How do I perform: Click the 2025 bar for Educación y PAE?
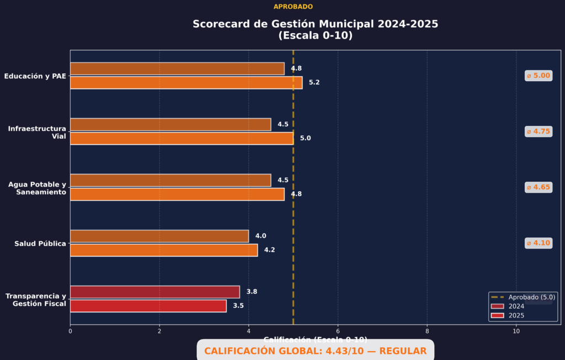pyautogui.click(x=186, y=83)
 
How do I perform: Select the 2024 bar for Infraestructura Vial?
pyautogui.click(x=170, y=124)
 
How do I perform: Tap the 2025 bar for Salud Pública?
pyautogui.click(x=164, y=250)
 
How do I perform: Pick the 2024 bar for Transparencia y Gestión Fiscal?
pyautogui.click(x=155, y=292)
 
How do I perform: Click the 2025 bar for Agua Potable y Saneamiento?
pyautogui.click(x=177, y=194)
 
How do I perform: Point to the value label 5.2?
pyautogui.click(x=315, y=83)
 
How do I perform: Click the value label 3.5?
pyautogui.click(x=238, y=306)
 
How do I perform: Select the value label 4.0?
pyautogui.click(x=260, y=236)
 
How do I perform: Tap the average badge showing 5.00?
pyautogui.click(x=538, y=76)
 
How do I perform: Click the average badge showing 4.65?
pyautogui.click(x=538, y=187)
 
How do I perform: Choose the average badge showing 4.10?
pyautogui.click(x=538, y=243)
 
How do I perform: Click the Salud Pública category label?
pyautogui.click(x=40, y=243)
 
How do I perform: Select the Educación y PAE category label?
pyautogui.click(x=35, y=76)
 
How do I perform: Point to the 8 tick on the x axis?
pyautogui.click(x=427, y=331)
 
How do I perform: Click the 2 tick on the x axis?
pyautogui.click(x=159, y=331)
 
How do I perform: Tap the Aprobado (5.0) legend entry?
pyautogui.click(x=523, y=297)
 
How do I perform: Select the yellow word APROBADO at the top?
pyautogui.click(x=293, y=7)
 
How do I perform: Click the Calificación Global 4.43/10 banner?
pyautogui.click(x=315, y=351)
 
